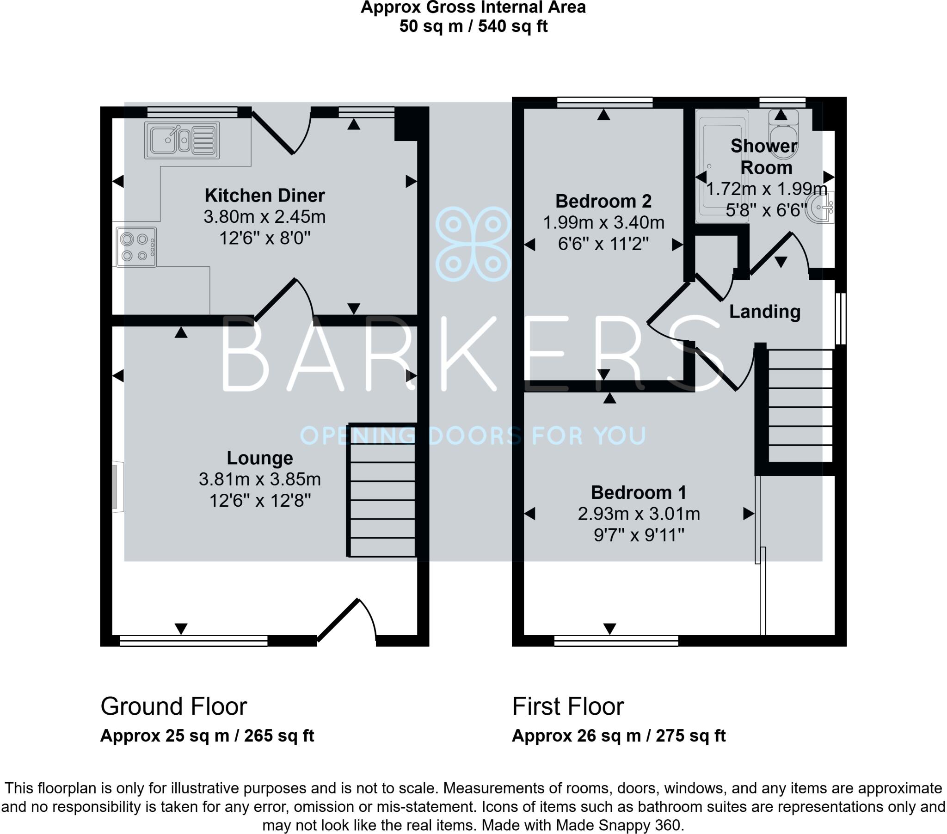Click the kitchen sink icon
pyautogui.click(x=182, y=140)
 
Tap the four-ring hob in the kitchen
pyautogui.click(x=136, y=247)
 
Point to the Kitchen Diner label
pyautogui.click(x=264, y=196)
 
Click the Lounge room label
pyautogui.click(x=259, y=458)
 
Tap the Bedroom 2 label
pyautogui.click(x=603, y=201)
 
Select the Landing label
pyautogui.click(x=764, y=311)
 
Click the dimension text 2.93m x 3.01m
pyautogui.click(x=639, y=514)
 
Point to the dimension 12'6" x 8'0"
pyautogui.click(x=264, y=238)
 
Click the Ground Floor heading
pyautogui.click(x=174, y=706)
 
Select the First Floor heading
pyautogui.click(x=567, y=706)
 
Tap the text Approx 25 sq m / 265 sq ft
pyautogui.click(x=207, y=736)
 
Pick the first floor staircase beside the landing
pyautogui.click(x=800, y=405)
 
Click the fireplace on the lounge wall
pyautogui.click(x=117, y=487)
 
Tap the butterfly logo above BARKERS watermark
pyautogui.click(x=473, y=244)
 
